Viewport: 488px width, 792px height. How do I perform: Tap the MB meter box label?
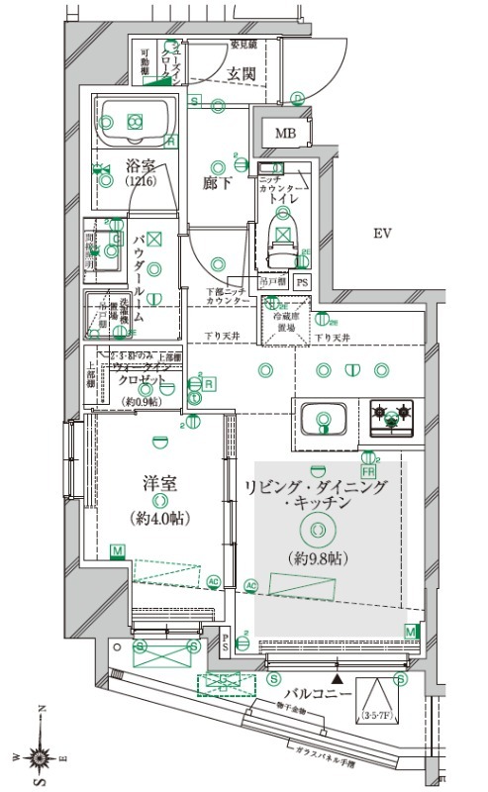pos(285,134)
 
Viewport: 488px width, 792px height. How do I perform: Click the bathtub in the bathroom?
pos(136,122)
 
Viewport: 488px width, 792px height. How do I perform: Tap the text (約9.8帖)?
pos(317,558)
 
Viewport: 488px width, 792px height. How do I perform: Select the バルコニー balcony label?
pos(318,694)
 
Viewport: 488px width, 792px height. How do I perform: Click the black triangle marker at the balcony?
pos(339,679)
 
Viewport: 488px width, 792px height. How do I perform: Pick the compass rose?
pos(39,758)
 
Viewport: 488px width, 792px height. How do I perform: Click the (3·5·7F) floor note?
pos(376,713)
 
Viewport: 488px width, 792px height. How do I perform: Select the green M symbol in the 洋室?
pos(118,550)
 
